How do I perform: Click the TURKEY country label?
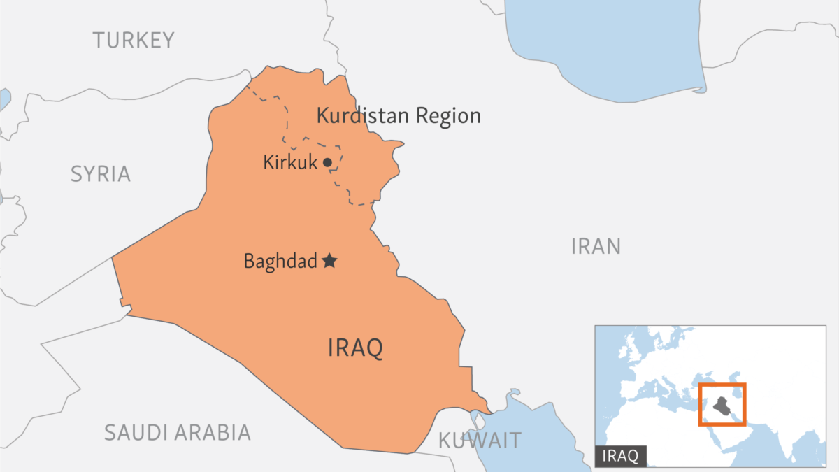tap(134, 41)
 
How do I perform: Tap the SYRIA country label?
tap(100, 174)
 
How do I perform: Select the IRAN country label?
tap(596, 246)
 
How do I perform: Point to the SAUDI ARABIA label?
tap(177, 432)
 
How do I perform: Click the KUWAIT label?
tap(480, 441)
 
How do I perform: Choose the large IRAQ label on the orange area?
tap(355, 348)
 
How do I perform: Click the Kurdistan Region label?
tap(399, 115)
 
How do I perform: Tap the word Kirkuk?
tap(290, 163)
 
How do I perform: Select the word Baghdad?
tap(280, 262)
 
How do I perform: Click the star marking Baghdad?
tap(329, 262)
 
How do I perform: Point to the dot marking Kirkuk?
tap(327, 163)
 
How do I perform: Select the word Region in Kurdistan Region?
tap(448, 115)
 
